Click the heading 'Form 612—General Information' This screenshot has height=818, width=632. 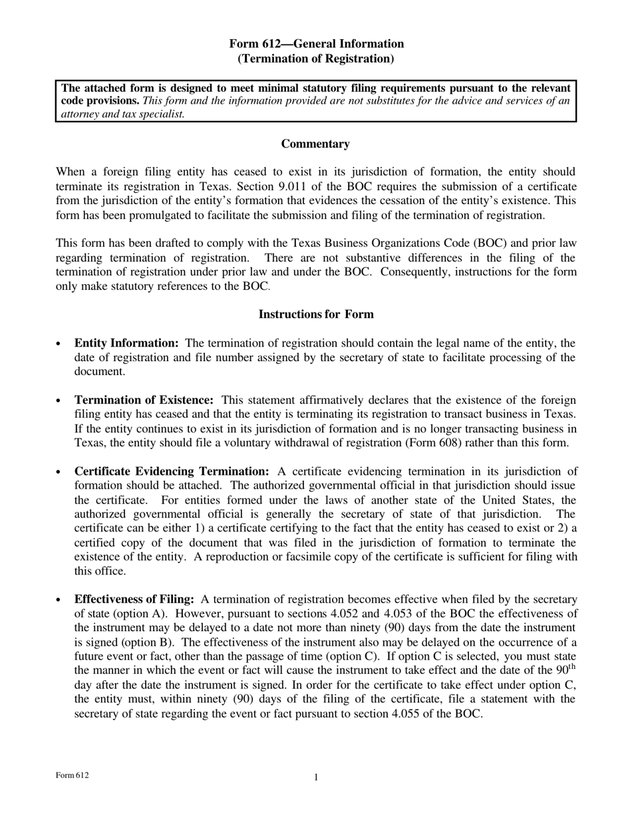316,44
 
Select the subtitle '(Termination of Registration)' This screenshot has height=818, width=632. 316,59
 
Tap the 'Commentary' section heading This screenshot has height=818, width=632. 315,144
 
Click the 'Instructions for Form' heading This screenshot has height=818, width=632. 316,314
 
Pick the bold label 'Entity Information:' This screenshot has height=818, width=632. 126,343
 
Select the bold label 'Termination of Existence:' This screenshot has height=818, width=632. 144,400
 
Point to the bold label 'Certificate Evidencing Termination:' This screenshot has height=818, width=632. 172,472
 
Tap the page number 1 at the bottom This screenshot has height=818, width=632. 316,777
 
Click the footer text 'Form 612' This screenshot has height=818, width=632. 72,775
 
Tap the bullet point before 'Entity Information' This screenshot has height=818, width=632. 59,344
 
